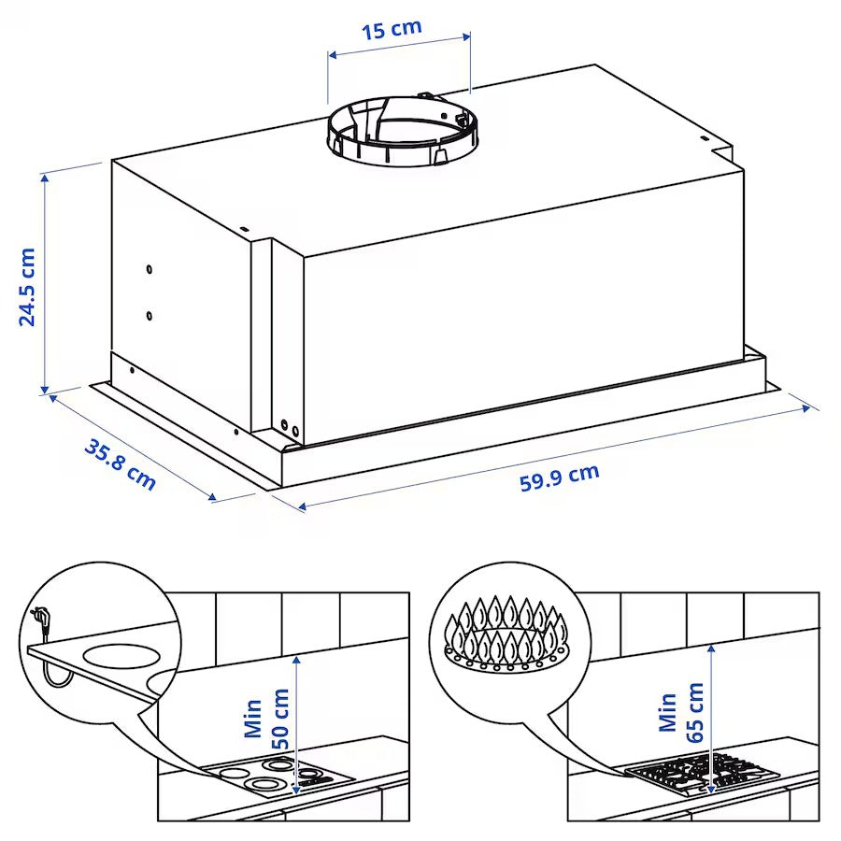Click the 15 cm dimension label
pos(392,28)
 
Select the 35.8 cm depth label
pos(120,463)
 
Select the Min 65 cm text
pos(680,712)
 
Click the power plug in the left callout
pos(41,617)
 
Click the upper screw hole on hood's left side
pos(150,270)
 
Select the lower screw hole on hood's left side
pos(150,316)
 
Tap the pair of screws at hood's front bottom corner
pos(291,428)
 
